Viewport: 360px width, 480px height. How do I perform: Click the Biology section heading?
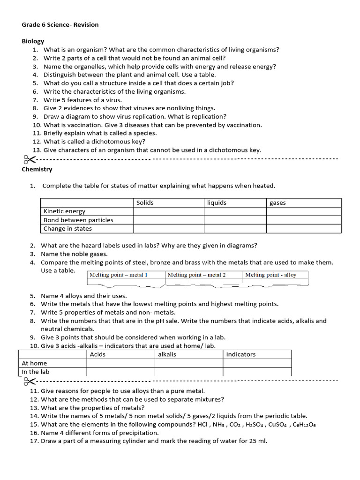coord(33,41)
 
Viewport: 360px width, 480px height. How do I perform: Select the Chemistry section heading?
coord(37,169)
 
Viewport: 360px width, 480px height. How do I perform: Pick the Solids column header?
coord(145,202)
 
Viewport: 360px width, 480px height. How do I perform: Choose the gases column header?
coord(277,202)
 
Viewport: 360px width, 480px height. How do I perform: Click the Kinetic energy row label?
coord(65,211)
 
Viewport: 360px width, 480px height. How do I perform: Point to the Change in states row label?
coord(67,229)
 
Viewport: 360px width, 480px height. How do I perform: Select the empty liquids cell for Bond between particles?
coord(235,220)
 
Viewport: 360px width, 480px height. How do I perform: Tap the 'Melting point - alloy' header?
coord(271,275)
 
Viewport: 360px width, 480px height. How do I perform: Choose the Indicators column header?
coord(241,354)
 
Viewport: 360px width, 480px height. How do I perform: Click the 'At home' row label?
coord(35,363)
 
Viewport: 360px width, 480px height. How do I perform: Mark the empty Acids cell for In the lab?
coord(120,372)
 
